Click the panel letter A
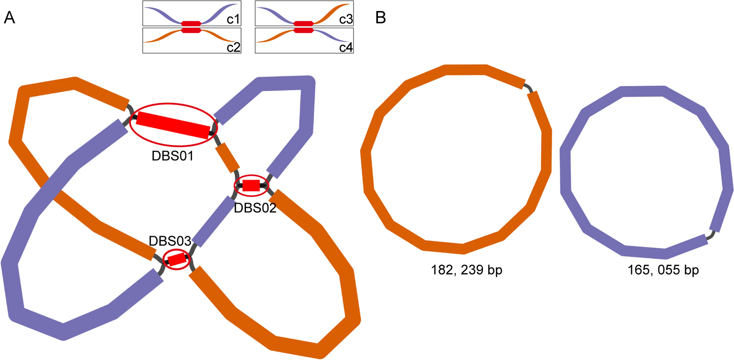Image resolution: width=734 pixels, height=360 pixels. click(x=9, y=18)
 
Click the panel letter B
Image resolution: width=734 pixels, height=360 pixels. click(x=380, y=18)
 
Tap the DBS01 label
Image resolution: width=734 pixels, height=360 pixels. click(x=173, y=156)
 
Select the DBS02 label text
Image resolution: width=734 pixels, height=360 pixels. click(x=255, y=208)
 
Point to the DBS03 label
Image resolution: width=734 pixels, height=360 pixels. click(x=170, y=241)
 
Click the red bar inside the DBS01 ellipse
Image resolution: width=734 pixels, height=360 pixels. click(x=173, y=125)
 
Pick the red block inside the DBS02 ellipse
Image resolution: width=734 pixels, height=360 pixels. click(x=251, y=185)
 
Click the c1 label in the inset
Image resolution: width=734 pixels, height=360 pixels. click(x=233, y=19)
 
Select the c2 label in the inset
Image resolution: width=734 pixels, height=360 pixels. click(x=233, y=47)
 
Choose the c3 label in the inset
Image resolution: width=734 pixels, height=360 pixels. click(x=346, y=19)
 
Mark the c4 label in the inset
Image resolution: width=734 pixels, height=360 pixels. click(x=346, y=47)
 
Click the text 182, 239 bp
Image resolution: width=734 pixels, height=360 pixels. click(x=466, y=270)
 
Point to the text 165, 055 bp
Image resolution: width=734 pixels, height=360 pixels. click(x=663, y=270)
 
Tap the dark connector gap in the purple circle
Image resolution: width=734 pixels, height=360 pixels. click(x=711, y=235)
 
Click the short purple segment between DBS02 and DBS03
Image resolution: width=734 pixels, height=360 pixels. click(x=215, y=221)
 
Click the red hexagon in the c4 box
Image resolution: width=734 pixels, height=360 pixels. click(x=304, y=30)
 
